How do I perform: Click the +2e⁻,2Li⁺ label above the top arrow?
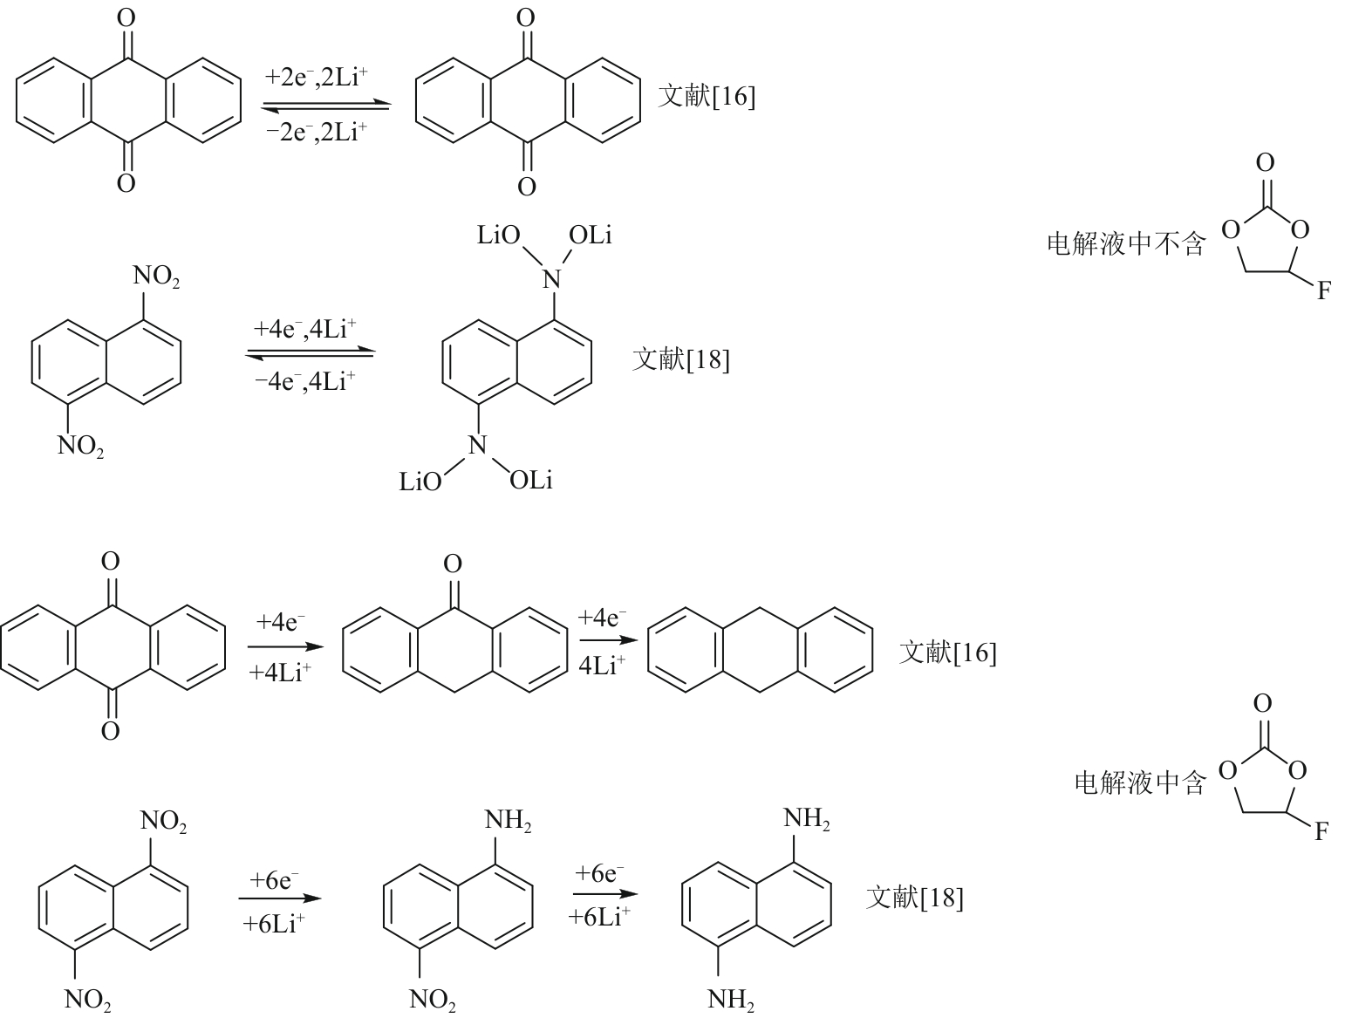[316, 78]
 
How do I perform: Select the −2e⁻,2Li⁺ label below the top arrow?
[316, 133]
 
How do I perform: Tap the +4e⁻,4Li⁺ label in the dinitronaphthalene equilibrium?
[304, 330]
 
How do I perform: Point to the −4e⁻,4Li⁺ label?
[304, 381]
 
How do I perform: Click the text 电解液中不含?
[1125, 243]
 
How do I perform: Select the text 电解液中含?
[1139, 782]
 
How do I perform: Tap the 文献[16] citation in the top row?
[707, 96]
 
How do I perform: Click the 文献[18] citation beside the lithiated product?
[680, 359]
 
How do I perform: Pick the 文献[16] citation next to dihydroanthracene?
[947, 652]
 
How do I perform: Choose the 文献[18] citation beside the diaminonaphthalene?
[914, 898]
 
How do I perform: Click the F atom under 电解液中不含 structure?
[1323, 291]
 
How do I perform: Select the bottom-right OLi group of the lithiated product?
[531, 480]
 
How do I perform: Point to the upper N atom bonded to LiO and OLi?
[550, 278]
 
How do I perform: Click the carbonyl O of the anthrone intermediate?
[453, 564]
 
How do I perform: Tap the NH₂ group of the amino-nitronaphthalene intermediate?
[508, 821]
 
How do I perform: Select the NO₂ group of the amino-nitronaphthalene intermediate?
[433, 1000]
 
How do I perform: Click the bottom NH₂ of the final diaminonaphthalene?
[731, 1000]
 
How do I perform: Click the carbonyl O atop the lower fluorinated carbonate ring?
[1262, 703]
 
